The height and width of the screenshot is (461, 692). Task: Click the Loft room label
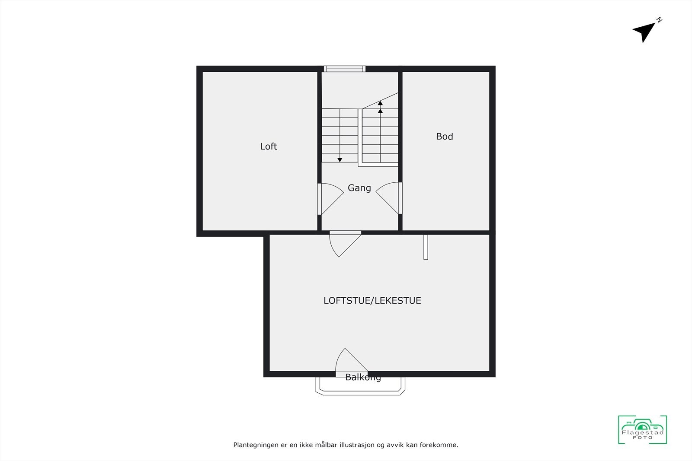point(268,146)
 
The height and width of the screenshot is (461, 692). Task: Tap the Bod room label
point(444,137)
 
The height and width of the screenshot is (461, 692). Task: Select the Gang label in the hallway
point(359,188)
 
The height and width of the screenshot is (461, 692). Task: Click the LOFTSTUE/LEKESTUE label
point(372,301)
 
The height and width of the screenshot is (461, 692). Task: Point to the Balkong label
point(363,378)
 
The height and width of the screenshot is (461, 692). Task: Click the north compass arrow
point(644,32)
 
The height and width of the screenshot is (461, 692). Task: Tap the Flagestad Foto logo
point(642,429)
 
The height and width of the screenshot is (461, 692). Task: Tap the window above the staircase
point(345,69)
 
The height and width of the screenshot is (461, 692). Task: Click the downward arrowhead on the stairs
point(340,160)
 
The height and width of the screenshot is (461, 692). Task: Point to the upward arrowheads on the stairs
point(380,107)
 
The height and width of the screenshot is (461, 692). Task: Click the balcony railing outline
point(360,392)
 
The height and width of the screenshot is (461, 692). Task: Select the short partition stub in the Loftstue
point(426,247)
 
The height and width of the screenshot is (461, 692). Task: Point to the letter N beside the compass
point(659,20)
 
